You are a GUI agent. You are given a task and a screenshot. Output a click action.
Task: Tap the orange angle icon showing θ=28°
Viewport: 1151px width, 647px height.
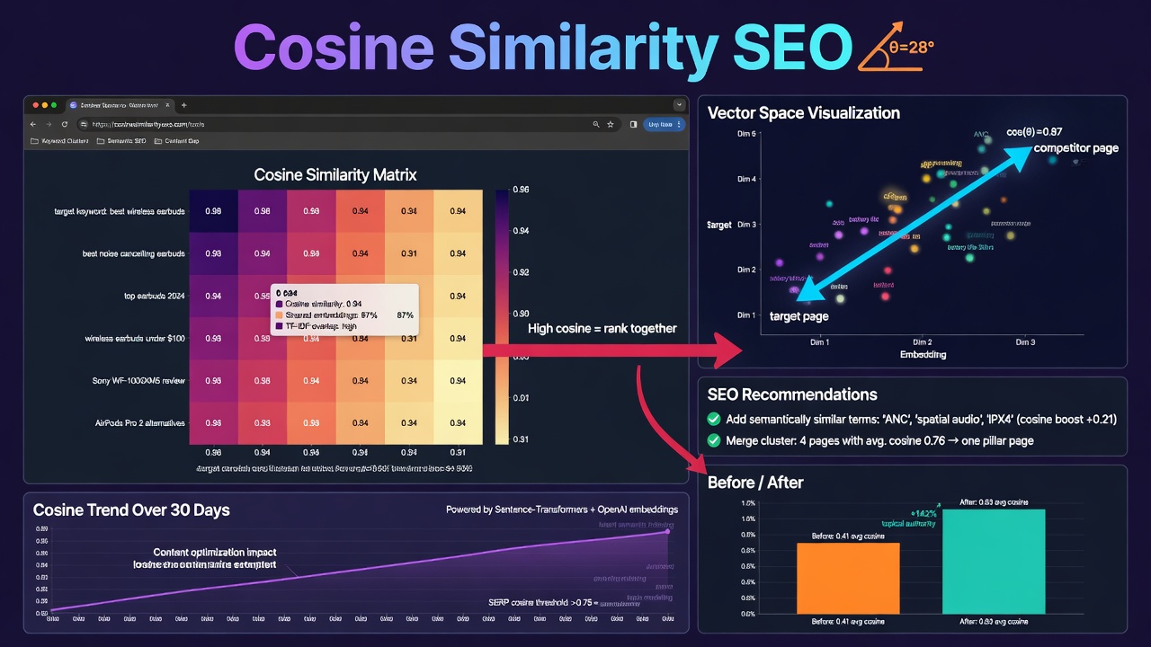[895, 46]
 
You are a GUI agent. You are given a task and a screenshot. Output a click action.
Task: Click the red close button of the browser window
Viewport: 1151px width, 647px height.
[35, 105]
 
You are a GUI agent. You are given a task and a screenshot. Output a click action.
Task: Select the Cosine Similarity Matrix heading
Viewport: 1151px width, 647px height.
[335, 174]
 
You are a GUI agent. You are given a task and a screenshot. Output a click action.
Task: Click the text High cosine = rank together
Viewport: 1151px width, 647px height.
[602, 328]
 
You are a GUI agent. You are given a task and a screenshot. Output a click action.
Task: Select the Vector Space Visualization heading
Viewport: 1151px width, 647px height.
[803, 113]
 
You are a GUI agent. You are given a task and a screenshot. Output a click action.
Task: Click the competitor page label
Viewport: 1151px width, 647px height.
[1075, 148]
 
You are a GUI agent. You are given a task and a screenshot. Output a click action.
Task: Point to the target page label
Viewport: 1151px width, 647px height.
[799, 316]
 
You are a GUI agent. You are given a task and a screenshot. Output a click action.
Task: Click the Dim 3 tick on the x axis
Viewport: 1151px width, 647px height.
[1025, 342]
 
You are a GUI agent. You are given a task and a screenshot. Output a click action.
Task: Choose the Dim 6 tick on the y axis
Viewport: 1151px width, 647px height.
[746, 135]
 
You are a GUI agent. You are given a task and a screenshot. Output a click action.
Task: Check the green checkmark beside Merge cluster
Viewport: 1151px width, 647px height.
[714, 441]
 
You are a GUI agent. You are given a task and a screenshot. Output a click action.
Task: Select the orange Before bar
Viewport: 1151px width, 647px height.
[848, 578]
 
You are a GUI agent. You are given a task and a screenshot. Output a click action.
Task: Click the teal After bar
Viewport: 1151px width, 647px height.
[994, 561]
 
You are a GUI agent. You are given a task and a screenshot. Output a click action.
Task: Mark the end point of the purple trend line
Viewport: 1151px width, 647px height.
[668, 531]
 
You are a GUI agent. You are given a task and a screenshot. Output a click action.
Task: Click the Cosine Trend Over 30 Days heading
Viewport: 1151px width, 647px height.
[131, 510]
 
